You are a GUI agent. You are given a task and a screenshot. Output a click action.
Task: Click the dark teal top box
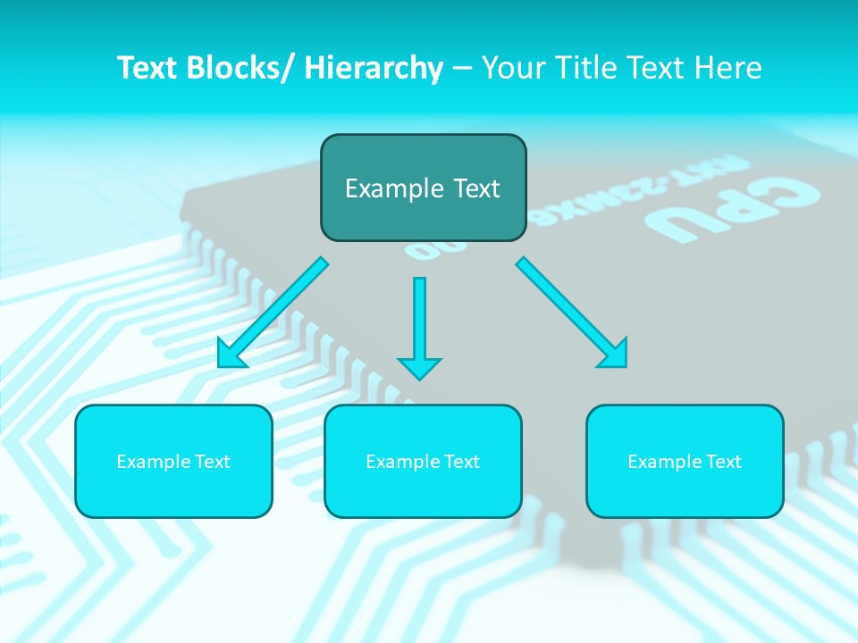(x=423, y=188)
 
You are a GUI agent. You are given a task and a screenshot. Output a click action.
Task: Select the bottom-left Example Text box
(x=173, y=461)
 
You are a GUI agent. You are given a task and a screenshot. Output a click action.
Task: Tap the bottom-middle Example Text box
(x=423, y=461)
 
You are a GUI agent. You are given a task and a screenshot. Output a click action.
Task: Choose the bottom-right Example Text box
(x=685, y=461)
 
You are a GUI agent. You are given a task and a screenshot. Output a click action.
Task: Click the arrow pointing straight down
(x=419, y=326)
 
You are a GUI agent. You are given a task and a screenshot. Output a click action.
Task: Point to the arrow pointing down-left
(x=273, y=313)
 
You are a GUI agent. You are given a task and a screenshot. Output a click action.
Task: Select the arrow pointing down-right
(x=572, y=313)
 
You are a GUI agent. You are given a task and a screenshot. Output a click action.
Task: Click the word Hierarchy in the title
(x=374, y=68)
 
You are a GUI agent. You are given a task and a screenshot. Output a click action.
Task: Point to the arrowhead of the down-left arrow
(x=231, y=355)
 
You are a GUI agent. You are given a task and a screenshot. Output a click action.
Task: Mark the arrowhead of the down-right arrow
(x=614, y=354)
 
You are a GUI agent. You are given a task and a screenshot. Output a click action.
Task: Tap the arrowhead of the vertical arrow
(x=419, y=367)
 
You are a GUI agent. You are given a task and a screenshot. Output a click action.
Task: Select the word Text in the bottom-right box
(x=721, y=462)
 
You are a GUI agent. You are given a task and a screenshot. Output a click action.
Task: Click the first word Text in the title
(x=148, y=68)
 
